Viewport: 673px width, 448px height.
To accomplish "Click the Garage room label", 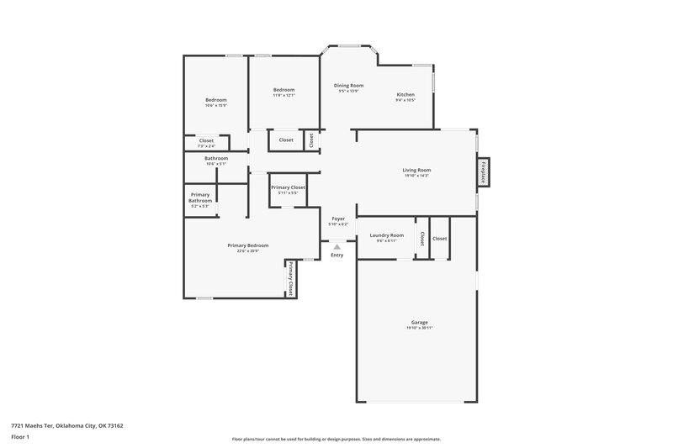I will tap(419, 322).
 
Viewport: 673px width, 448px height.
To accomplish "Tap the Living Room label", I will tap(416, 170).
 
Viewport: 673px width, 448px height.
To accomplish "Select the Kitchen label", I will tap(405, 95).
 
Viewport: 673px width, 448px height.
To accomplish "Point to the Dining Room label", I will tap(348, 85).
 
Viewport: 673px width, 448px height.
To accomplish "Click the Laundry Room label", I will tap(386, 235).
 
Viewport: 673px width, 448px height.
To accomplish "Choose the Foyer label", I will tap(337, 219).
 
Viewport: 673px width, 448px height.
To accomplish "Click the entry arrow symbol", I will tap(337, 246).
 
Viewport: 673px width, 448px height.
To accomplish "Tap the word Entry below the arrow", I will tap(337, 255).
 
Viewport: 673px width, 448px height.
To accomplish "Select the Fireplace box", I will tap(485, 171).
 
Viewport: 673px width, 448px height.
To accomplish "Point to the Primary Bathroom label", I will tap(200, 198).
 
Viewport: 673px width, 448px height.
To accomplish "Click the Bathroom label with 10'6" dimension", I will tap(216, 158).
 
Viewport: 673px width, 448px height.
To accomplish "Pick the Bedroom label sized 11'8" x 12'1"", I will tap(284, 90).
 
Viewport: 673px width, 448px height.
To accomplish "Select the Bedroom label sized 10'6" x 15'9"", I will tap(216, 100).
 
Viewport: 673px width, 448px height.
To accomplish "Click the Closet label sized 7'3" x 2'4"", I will tap(206, 140).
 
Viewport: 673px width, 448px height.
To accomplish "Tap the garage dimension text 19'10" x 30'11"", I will tap(419, 328).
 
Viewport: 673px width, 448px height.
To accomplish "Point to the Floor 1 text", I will tap(20, 437).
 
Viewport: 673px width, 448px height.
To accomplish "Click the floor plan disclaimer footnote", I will tap(336, 439).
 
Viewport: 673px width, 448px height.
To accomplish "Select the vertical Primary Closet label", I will tap(291, 277).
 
